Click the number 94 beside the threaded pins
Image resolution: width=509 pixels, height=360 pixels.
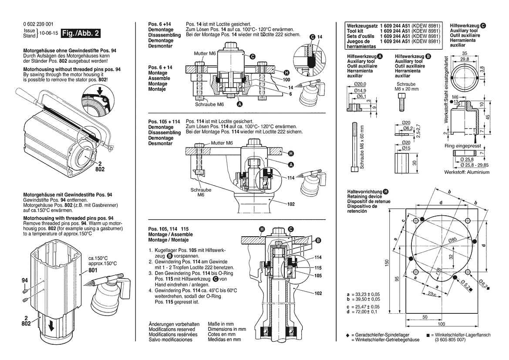coord(25,281)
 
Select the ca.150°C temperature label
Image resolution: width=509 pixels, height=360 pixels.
coord(98,258)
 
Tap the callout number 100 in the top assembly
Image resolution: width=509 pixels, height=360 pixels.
coord(287,80)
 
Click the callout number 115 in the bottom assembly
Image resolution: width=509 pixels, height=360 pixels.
coord(318,267)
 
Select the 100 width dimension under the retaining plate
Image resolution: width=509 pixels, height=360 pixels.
coord(442,324)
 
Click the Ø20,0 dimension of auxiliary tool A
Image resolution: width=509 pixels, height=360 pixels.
coord(360,84)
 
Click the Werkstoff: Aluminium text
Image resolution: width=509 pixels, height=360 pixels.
coord(466,172)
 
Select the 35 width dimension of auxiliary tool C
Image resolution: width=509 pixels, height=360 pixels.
coord(465,53)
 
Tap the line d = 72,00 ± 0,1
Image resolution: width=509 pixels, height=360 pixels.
coord(361,312)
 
